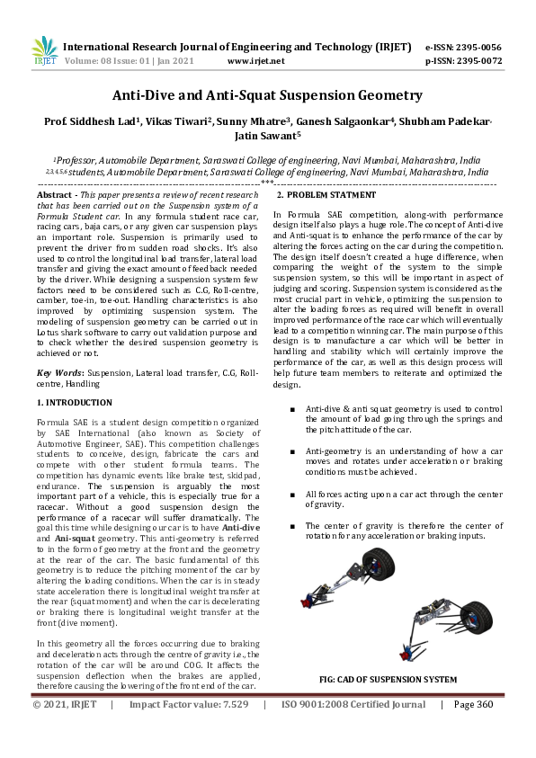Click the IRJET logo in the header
[44, 50]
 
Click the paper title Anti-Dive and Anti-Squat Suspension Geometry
[267, 94]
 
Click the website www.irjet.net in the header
[256, 61]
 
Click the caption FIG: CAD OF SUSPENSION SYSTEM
[389, 679]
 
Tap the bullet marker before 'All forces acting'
[292, 495]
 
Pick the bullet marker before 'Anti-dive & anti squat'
[292, 408]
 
